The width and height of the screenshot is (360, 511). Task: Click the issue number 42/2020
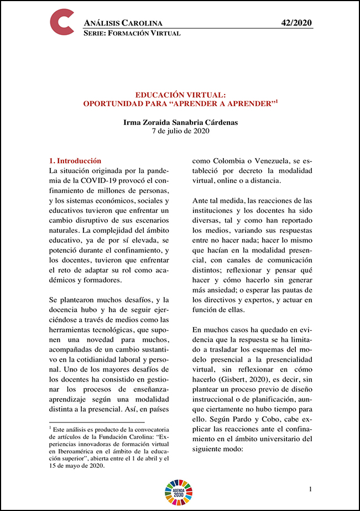pos(297,23)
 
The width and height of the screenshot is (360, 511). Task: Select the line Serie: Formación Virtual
pos(132,33)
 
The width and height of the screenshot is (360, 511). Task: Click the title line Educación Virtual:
pos(180,95)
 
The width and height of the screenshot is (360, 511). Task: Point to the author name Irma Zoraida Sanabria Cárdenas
pos(180,122)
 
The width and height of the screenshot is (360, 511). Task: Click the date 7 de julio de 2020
pos(180,132)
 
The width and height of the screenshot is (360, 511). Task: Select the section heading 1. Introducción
pos(75,161)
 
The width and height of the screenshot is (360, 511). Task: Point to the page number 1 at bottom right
pos(311,489)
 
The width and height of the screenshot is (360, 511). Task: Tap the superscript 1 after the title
pos(276,101)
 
